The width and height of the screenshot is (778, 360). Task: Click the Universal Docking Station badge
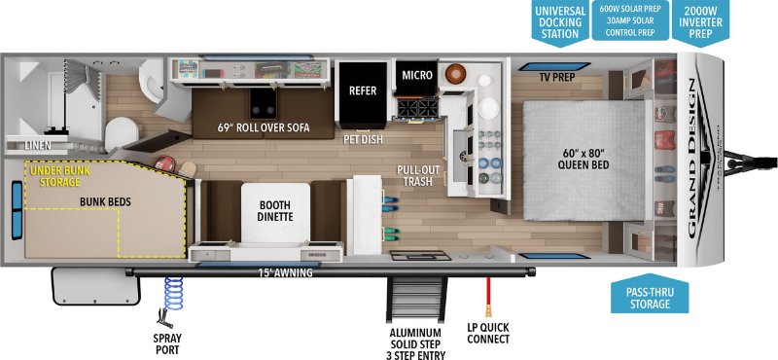pyautogui.click(x=558, y=21)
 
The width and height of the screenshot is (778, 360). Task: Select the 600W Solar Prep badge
pyautogui.click(x=631, y=19)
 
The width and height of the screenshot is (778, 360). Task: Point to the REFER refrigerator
pyautogui.click(x=362, y=91)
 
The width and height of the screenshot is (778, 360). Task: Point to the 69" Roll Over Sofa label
pyautogui.click(x=264, y=128)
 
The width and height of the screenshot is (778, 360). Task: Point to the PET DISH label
pyautogui.click(x=363, y=139)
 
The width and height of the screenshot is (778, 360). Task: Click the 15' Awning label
pyautogui.click(x=286, y=272)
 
